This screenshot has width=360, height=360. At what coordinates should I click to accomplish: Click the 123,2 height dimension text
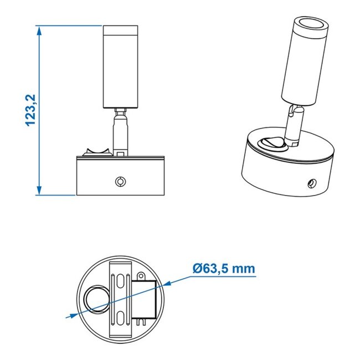tap(31, 110)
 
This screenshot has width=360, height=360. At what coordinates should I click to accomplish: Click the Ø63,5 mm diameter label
tap(224, 269)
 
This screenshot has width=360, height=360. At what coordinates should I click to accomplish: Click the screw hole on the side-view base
tap(119, 181)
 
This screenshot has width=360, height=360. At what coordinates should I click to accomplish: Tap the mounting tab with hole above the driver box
tap(140, 275)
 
